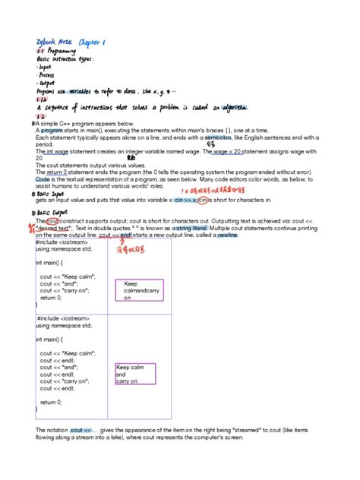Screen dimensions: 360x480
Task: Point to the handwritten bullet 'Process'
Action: click(x=46, y=75)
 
